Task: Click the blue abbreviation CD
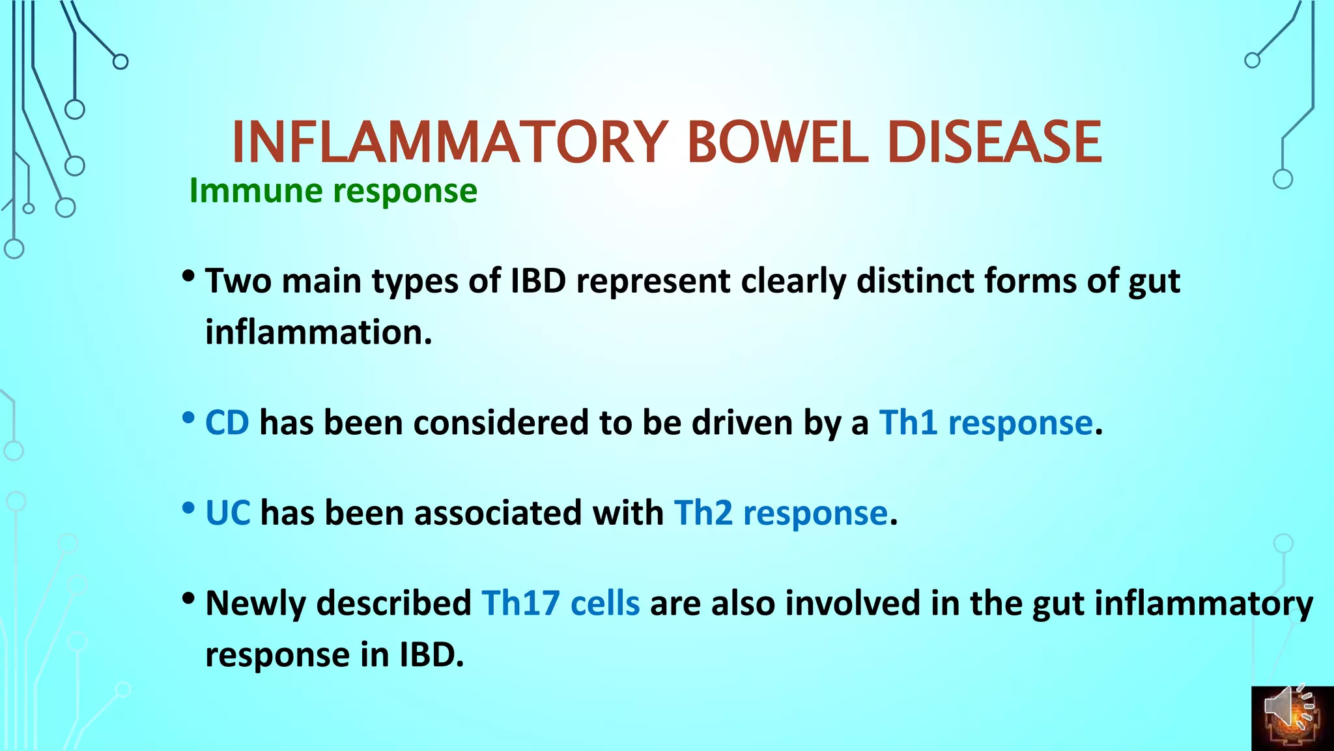tap(227, 422)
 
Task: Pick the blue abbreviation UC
tap(227, 512)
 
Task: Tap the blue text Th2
tap(703, 512)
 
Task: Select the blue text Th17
tap(520, 602)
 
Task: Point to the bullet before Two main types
tap(189, 276)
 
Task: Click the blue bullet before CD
tap(189, 418)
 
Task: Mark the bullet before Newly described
tap(189, 598)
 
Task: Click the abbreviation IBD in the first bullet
tap(538, 281)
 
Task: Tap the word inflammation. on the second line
tap(319, 332)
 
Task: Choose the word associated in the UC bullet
tap(498, 512)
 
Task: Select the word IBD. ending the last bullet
tap(431, 654)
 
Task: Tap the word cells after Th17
tap(604, 602)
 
